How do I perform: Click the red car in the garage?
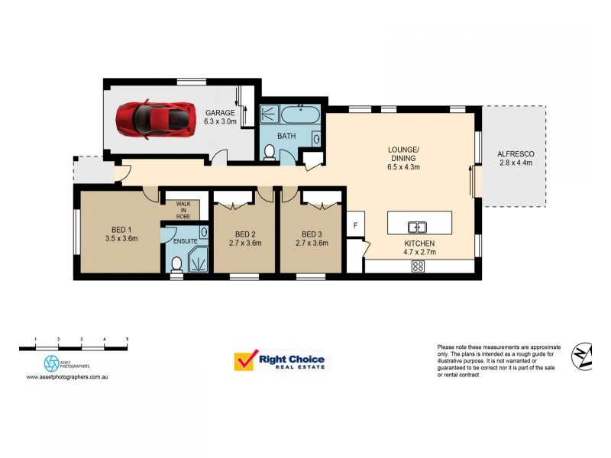pyautogui.click(x=155, y=119)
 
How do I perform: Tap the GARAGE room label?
pyautogui.click(x=220, y=113)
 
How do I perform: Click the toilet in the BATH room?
pyautogui.click(x=270, y=152)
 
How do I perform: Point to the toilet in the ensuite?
pyautogui.click(x=176, y=265)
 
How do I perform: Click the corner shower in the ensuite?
pyautogui.click(x=199, y=259)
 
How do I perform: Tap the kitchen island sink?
pyautogui.click(x=417, y=227)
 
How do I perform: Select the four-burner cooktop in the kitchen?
pyautogui.click(x=418, y=266)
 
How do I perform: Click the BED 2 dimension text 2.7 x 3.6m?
pyautogui.click(x=245, y=243)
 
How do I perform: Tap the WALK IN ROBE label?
pyautogui.click(x=183, y=210)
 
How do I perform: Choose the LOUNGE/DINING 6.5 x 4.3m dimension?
pyautogui.click(x=403, y=167)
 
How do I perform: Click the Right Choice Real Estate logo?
pyautogui.click(x=279, y=360)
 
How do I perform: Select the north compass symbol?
pyautogui.click(x=582, y=356)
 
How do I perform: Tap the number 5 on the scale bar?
pyautogui.click(x=128, y=339)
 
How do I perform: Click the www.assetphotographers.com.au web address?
pyautogui.click(x=67, y=377)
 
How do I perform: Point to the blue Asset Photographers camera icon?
pyautogui.click(x=51, y=363)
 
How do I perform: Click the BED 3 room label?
pyautogui.click(x=312, y=234)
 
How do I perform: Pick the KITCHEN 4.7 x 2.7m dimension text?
pyautogui.click(x=419, y=252)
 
